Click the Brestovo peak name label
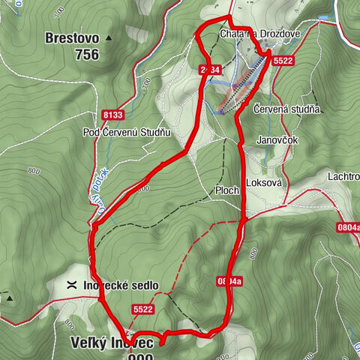(x=71, y=37)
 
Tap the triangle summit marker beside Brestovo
(x=109, y=37)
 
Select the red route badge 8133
(x=112, y=115)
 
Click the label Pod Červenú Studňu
(x=127, y=133)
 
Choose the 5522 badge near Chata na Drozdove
(x=283, y=60)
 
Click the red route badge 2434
(x=211, y=70)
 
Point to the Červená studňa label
(x=287, y=109)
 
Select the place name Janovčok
(x=277, y=139)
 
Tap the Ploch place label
(x=226, y=190)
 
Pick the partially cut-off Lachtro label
(x=343, y=175)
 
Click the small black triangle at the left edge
(x=10, y=298)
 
